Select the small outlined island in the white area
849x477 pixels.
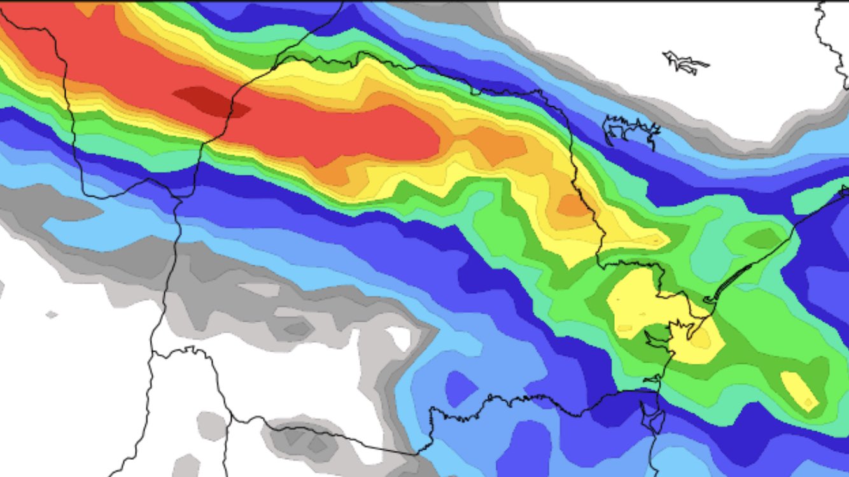[x=685, y=62]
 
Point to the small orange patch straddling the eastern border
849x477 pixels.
[x=573, y=205]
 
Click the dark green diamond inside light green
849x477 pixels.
[x=762, y=238]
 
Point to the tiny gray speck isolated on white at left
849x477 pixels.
[x=52, y=314]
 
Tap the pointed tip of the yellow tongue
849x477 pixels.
[x=662, y=241]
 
